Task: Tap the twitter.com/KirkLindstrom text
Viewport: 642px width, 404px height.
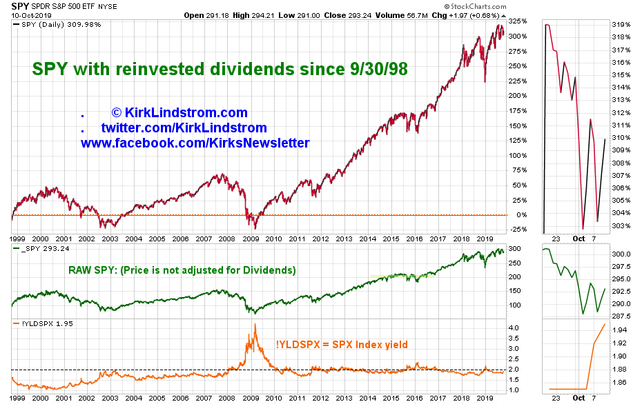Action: tap(184, 128)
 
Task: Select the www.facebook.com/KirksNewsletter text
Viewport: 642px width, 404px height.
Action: tap(195, 143)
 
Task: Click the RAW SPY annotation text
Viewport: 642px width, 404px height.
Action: tap(182, 270)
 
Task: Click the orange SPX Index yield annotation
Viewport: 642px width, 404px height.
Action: tap(342, 344)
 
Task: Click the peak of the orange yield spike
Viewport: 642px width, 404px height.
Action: tap(255, 324)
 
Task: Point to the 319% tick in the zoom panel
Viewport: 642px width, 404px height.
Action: tap(622, 24)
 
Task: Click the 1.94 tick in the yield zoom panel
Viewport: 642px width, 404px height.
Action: tap(621, 330)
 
